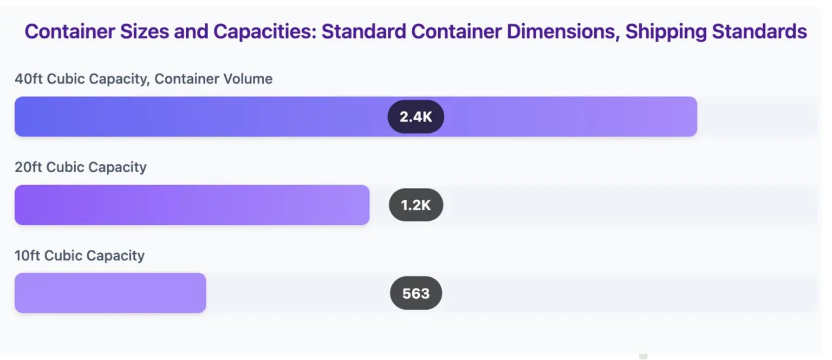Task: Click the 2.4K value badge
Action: tap(415, 116)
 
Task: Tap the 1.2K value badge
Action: tap(415, 205)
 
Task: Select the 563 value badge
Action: tap(415, 293)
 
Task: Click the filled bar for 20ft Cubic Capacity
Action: tap(192, 205)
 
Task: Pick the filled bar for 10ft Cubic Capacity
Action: tap(110, 293)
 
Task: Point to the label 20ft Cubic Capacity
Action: tap(81, 167)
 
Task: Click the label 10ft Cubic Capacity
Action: tap(80, 256)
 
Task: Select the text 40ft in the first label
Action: tap(29, 79)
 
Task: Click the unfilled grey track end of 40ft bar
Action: tap(758, 116)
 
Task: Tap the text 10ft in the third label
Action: tap(28, 256)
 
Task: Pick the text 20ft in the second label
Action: tap(29, 167)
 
